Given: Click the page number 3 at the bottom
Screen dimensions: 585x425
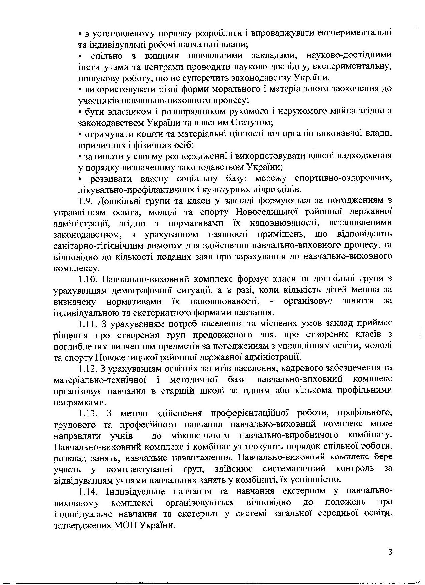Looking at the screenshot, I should (x=390, y=552).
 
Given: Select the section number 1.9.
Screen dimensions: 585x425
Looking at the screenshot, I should (x=87, y=201).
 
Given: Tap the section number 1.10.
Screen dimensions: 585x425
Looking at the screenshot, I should (x=89, y=279).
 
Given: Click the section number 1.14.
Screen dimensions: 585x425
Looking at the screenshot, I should (x=89, y=491).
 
